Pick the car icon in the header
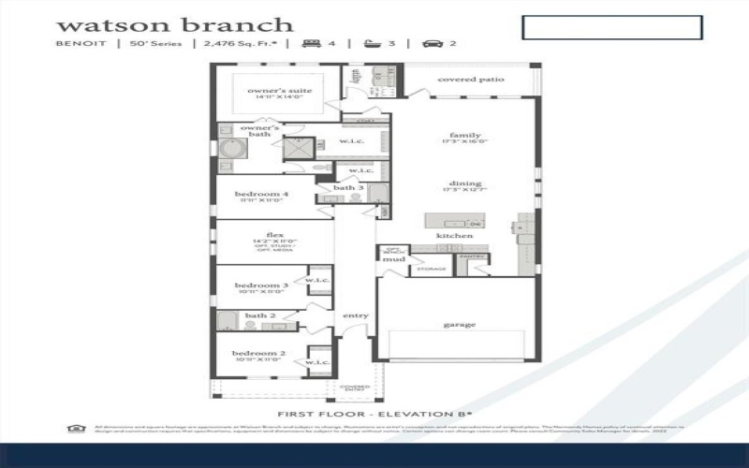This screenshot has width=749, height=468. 433,43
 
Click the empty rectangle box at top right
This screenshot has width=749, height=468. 611,27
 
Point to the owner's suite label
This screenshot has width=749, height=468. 279,91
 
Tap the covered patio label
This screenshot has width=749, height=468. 471,80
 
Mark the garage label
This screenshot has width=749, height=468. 460,325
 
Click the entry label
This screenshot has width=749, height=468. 356,315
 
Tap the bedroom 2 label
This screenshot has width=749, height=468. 260,354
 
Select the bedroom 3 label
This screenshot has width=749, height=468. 260,285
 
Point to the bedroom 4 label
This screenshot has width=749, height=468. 261,195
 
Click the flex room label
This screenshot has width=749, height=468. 274,235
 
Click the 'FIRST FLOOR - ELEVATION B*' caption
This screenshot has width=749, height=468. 374,413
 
